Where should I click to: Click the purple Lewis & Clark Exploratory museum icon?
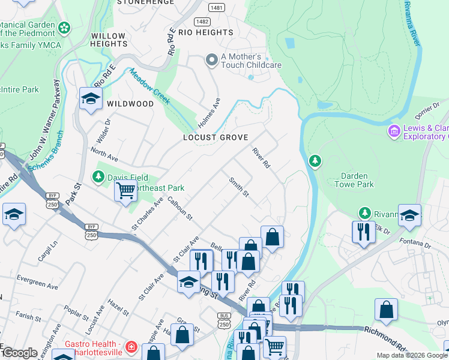[x=394, y=131]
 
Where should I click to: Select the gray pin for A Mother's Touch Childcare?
[x=211, y=60]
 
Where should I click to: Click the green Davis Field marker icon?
[x=98, y=176]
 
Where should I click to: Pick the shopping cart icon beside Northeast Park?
[x=125, y=191]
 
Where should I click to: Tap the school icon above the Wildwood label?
[x=90, y=98]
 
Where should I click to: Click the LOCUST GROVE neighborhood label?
[x=215, y=138]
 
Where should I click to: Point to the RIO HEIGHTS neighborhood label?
[x=205, y=32]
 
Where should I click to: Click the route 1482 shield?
[x=202, y=21]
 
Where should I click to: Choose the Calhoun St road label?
[x=179, y=208]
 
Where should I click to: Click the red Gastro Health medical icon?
[x=131, y=347]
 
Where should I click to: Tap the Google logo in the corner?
[x=19, y=353]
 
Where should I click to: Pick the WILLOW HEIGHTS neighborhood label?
[x=109, y=40]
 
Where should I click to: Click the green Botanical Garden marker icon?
[x=64, y=27]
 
